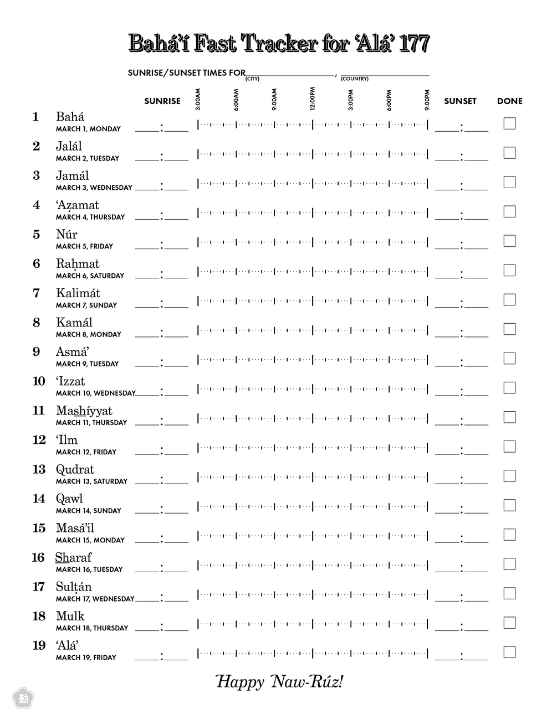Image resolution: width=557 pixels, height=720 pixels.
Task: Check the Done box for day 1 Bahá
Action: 509,123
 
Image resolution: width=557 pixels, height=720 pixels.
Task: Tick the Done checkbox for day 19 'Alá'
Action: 509,652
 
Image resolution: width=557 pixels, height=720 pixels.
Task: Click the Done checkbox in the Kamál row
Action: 509,329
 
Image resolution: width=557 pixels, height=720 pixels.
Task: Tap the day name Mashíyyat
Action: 84,411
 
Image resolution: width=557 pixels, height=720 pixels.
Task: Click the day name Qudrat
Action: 75,469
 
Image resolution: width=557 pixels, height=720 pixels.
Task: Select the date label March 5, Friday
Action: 84,246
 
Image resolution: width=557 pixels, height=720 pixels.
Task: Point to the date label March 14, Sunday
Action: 88,511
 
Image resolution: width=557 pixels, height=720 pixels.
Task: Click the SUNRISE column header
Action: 162,101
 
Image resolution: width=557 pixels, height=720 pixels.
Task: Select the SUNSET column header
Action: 460,101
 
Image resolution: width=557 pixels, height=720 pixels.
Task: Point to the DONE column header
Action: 509,101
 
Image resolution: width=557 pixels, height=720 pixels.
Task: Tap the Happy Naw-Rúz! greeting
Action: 279,682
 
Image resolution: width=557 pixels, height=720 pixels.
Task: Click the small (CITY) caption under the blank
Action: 253,79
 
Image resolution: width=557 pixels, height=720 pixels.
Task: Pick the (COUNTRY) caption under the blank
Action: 355,79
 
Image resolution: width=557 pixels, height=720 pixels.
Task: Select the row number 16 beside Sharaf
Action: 38,557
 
